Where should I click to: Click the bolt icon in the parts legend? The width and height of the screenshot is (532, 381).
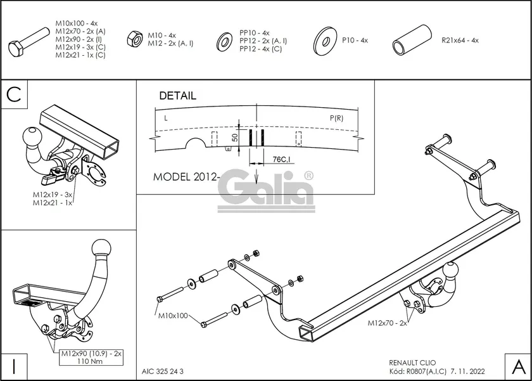(x=28, y=42)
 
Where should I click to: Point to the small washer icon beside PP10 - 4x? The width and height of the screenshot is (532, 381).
(x=224, y=42)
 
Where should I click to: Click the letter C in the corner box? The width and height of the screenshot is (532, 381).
(x=15, y=95)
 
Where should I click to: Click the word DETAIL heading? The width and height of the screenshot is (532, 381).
(x=177, y=96)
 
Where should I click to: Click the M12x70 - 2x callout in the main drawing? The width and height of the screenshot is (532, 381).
(x=387, y=323)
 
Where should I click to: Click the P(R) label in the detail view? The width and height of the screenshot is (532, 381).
(x=336, y=119)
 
